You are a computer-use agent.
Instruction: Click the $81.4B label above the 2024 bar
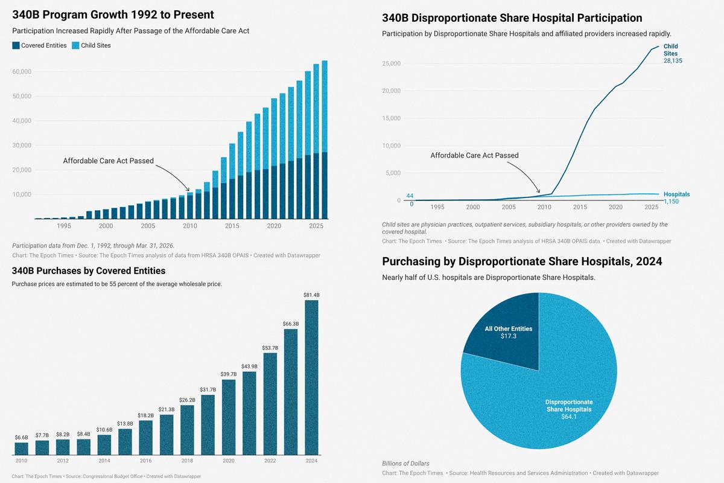pos(311,295)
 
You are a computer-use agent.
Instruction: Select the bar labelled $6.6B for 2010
pos(22,449)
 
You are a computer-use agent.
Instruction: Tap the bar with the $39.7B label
pos(229,417)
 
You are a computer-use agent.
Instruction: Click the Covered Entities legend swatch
pos(16,45)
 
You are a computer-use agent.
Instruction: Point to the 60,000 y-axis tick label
pos(22,72)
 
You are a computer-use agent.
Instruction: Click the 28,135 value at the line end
pos(673,60)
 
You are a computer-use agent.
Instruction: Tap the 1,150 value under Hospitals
pos(671,201)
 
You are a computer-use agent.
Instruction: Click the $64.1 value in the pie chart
pos(569,417)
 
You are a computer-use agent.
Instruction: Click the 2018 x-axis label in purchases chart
pos(187,461)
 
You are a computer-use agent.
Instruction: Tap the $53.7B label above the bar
pos(270,348)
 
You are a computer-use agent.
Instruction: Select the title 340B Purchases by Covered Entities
pos(89,270)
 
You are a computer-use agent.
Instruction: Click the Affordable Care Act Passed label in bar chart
pos(109,161)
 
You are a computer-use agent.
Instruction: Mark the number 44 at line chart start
pos(410,196)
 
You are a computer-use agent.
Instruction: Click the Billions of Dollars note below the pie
pos(405,463)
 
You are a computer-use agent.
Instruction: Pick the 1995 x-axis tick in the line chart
pos(437,207)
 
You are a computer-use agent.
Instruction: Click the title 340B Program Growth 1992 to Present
pos(113,14)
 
